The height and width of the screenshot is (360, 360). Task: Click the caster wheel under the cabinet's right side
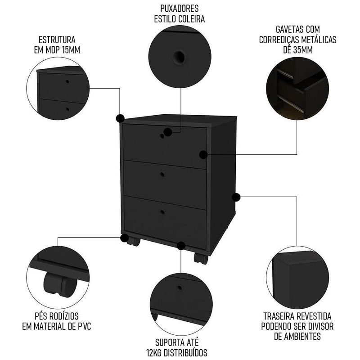click(199, 258)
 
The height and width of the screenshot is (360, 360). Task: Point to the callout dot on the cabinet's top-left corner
click(120, 118)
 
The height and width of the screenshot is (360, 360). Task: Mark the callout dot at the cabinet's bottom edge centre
click(181, 246)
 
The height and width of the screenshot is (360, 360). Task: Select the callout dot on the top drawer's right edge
click(203, 155)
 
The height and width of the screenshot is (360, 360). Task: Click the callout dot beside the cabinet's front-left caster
click(124, 238)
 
